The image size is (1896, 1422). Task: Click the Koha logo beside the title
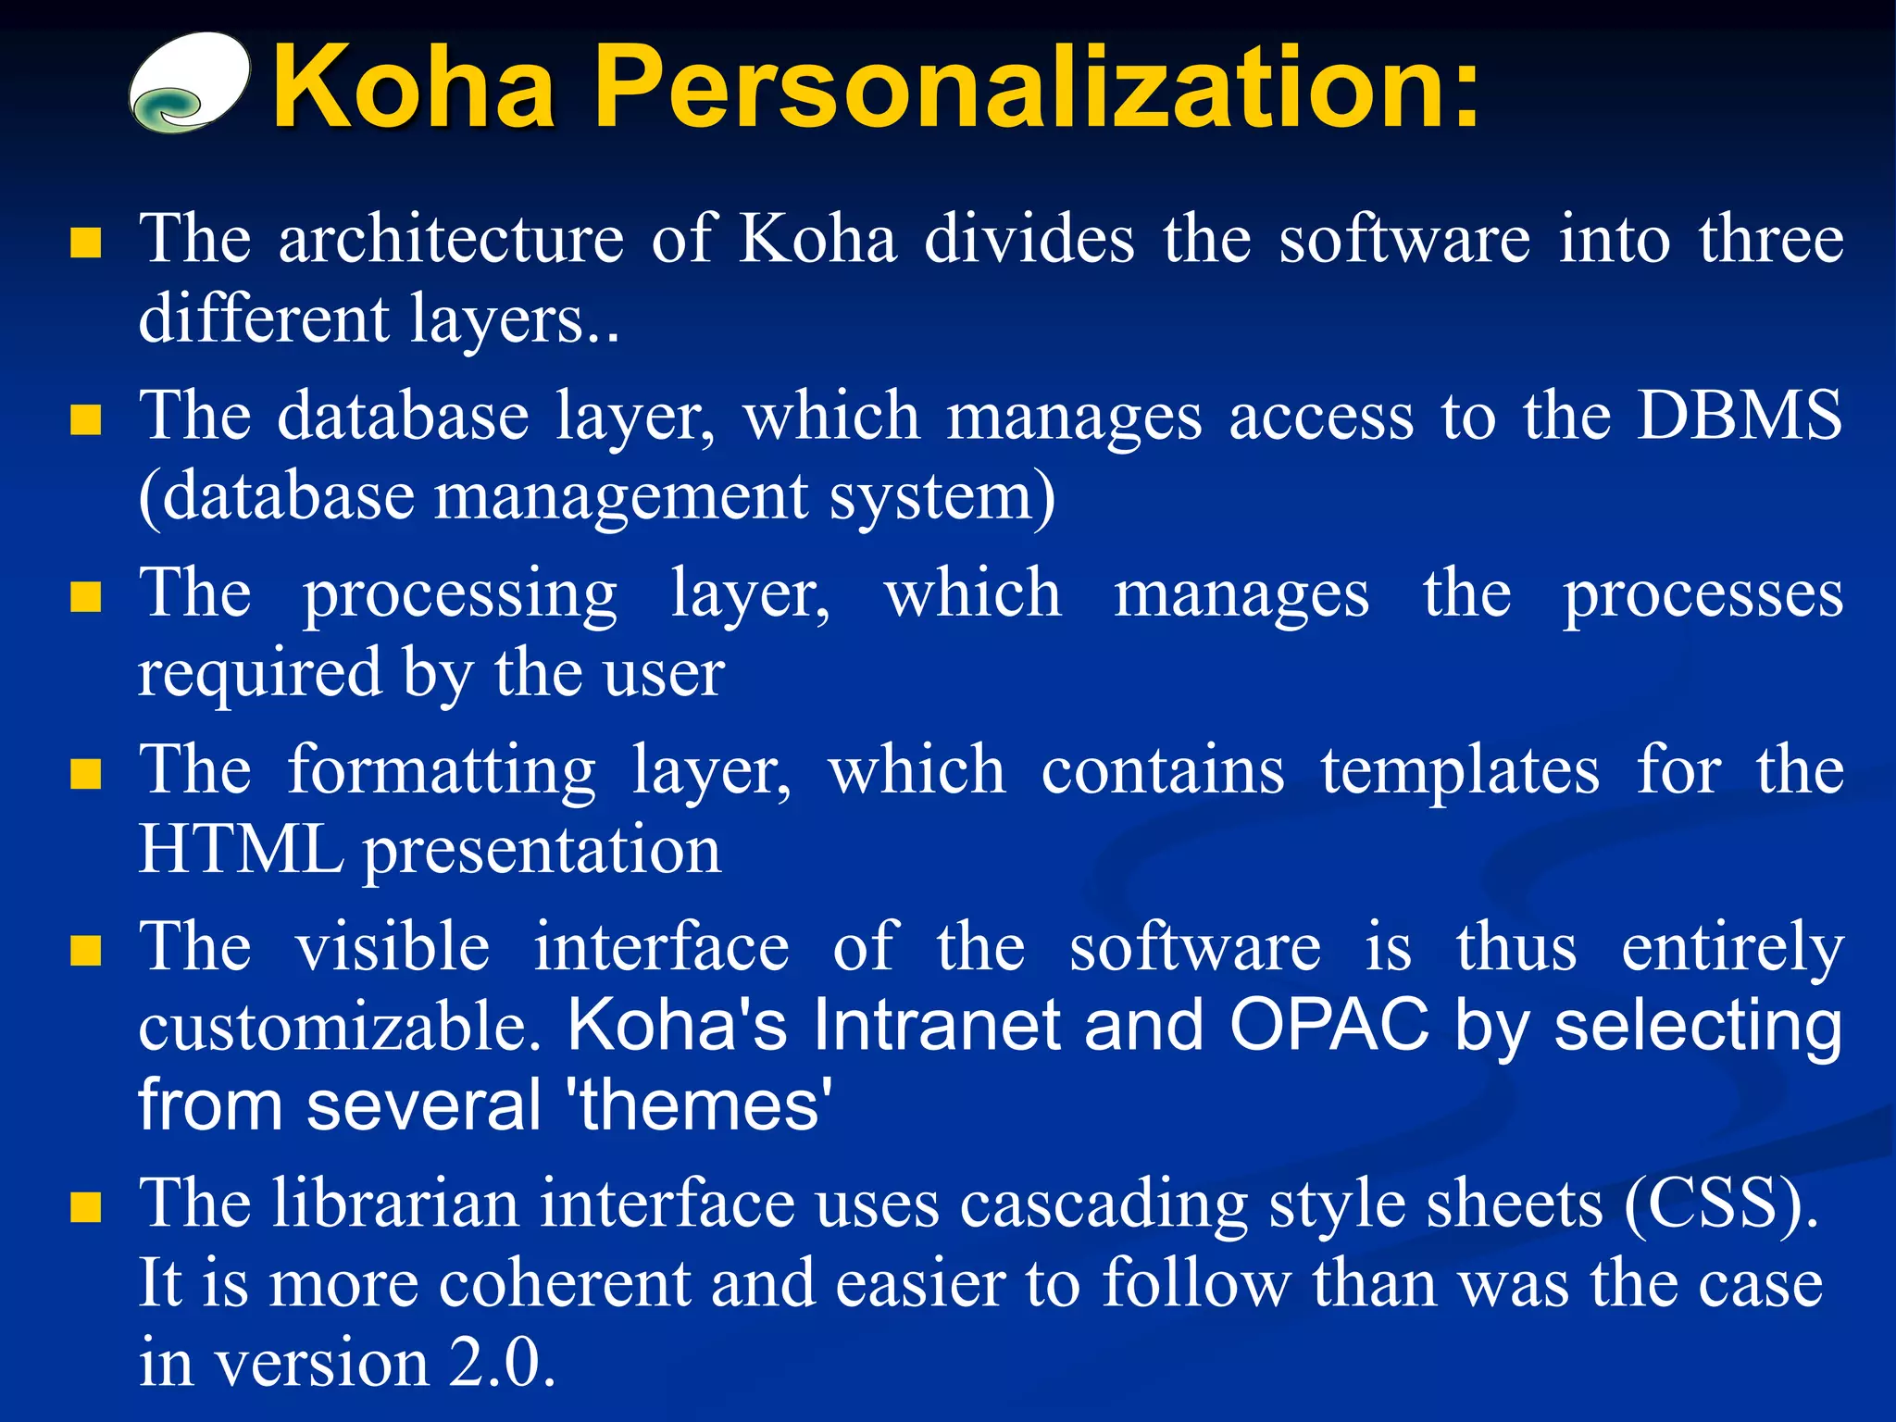point(190,83)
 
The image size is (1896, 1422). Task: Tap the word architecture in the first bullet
point(451,240)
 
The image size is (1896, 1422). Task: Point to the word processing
point(460,595)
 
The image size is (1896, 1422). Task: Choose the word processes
point(1703,595)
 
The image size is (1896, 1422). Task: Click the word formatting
point(442,772)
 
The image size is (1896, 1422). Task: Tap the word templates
point(1460,772)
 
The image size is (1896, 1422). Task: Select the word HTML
point(240,850)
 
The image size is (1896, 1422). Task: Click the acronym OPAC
point(1329,1026)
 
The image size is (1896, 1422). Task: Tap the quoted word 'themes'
point(704,1105)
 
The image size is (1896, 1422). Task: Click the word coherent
point(565,1285)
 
